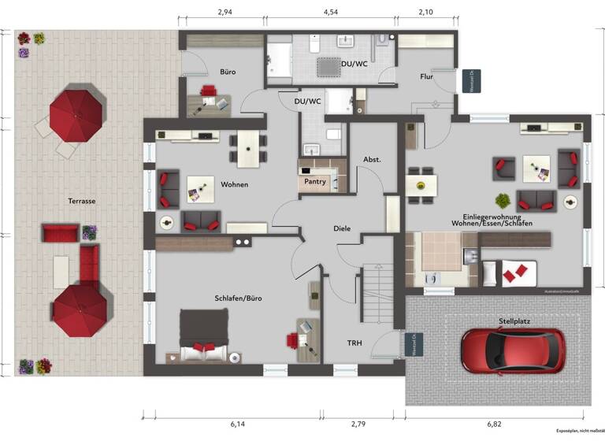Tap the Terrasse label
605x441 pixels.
coord(81,201)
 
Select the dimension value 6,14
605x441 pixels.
coord(237,424)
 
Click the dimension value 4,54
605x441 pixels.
coord(331,12)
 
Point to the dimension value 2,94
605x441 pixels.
coord(225,12)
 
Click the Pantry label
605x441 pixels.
coord(316,180)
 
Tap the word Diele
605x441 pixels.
coord(342,229)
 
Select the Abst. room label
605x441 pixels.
coord(372,160)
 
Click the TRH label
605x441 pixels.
coord(355,343)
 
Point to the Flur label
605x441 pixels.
coord(426,76)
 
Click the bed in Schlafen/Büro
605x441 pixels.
coord(204,335)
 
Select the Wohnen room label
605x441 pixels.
coord(235,185)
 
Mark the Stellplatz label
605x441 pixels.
coord(514,321)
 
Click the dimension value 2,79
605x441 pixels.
coord(358,424)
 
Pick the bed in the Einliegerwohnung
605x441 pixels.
coord(509,273)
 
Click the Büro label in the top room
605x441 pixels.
coord(228,72)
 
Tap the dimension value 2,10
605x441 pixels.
coord(425,12)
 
